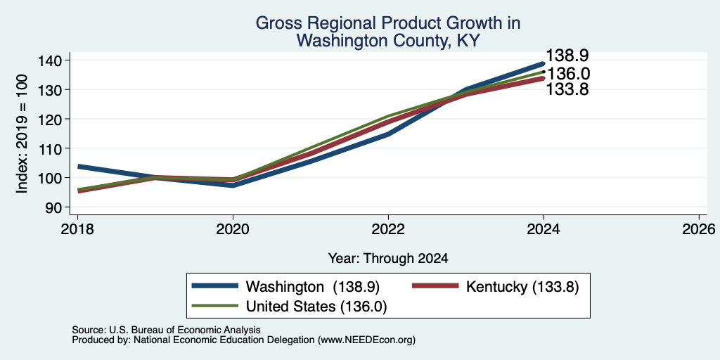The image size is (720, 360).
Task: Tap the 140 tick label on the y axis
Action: click(53, 60)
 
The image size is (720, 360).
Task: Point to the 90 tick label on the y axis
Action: click(58, 207)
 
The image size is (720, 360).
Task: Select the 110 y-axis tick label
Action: click(53, 148)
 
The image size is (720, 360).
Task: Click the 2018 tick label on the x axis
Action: click(77, 229)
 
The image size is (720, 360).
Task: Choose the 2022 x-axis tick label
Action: click(388, 229)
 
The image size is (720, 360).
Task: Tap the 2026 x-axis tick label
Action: click(699, 229)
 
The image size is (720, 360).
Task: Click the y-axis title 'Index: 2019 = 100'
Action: click(22, 134)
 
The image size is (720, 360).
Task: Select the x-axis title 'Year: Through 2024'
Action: click(388, 259)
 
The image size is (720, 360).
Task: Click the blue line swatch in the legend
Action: click(215, 286)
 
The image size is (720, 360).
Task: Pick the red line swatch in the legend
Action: click(435, 286)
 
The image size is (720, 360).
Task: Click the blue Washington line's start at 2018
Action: click(78, 166)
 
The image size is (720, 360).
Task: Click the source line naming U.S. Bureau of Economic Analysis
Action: click(166, 330)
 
